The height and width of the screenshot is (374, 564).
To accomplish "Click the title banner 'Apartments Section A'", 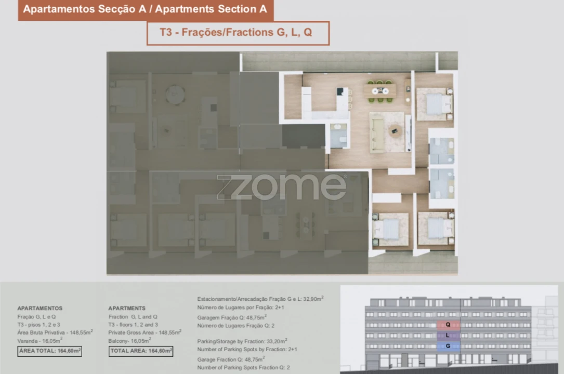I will pos(145,9).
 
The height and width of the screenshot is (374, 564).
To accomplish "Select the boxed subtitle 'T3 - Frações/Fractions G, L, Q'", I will pos(238,33).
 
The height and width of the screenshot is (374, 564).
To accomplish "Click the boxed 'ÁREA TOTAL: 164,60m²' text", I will pos(49,351).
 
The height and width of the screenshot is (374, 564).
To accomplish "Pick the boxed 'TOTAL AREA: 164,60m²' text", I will pos(140,351).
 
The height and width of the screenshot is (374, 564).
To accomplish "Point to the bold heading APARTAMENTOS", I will pos(40,308).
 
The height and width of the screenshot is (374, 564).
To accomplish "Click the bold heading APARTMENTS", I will pos(127,308).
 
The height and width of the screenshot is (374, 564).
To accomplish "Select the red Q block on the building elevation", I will pos(448,325).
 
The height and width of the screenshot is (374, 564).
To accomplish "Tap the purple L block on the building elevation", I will pos(448,336).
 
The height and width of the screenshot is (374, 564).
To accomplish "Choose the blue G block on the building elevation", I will pos(448,346).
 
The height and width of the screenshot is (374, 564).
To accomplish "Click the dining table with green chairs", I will pos(383,91).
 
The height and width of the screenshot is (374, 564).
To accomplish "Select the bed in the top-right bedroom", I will pos(435,103).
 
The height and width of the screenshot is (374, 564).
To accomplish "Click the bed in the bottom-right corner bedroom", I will pos(436,228).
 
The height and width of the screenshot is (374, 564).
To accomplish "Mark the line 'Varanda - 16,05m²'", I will pos(40,341).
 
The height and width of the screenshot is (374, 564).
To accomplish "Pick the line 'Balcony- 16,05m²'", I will pos(129,341).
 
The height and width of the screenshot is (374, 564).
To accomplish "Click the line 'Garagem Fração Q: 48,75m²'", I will pos(232,316).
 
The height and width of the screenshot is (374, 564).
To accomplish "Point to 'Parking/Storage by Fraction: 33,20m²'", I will pos(242,341).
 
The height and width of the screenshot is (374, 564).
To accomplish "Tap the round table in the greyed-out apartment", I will pos(175,95).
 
